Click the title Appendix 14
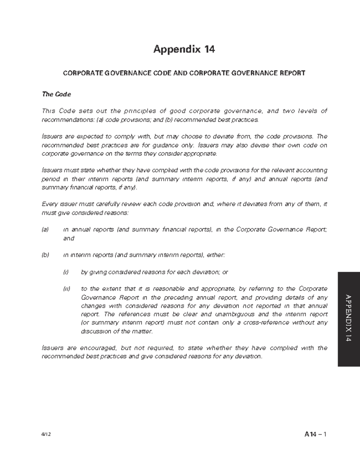[x=184, y=49]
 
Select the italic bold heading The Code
[x=56, y=94]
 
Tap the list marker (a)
[x=45, y=230]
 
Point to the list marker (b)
[x=45, y=255]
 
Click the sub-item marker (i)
[x=66, y=272]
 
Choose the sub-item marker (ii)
[x=66, y=289]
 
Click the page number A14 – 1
[x=315, y=434]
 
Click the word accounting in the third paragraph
[x=311, y=170]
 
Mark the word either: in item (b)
[x=216, y=255]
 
